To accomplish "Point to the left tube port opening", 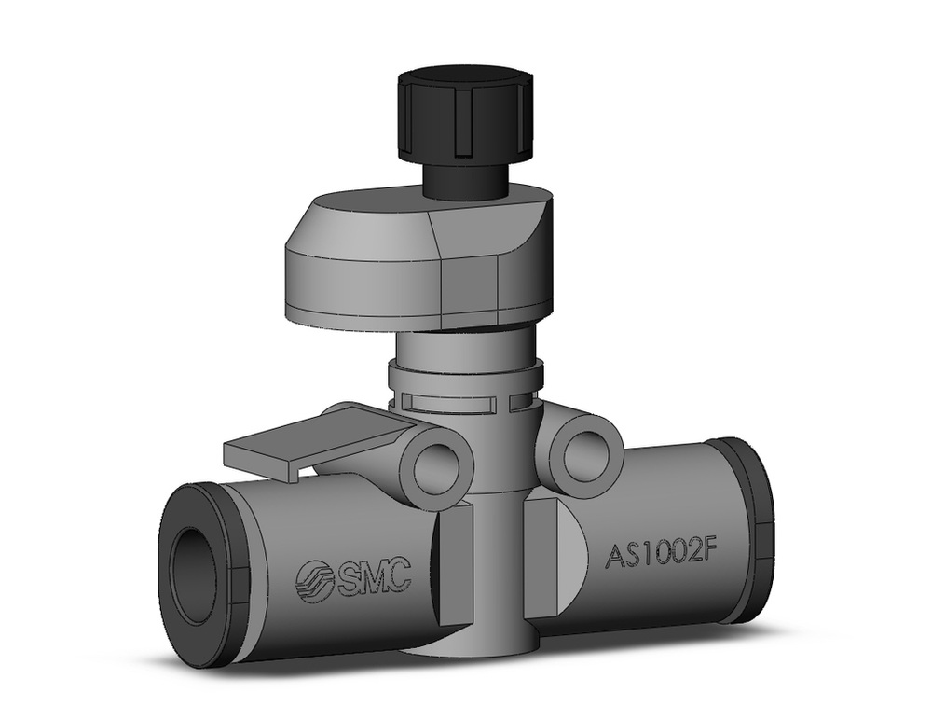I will click(195, 575).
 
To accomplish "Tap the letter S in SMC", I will click(348, 578).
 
